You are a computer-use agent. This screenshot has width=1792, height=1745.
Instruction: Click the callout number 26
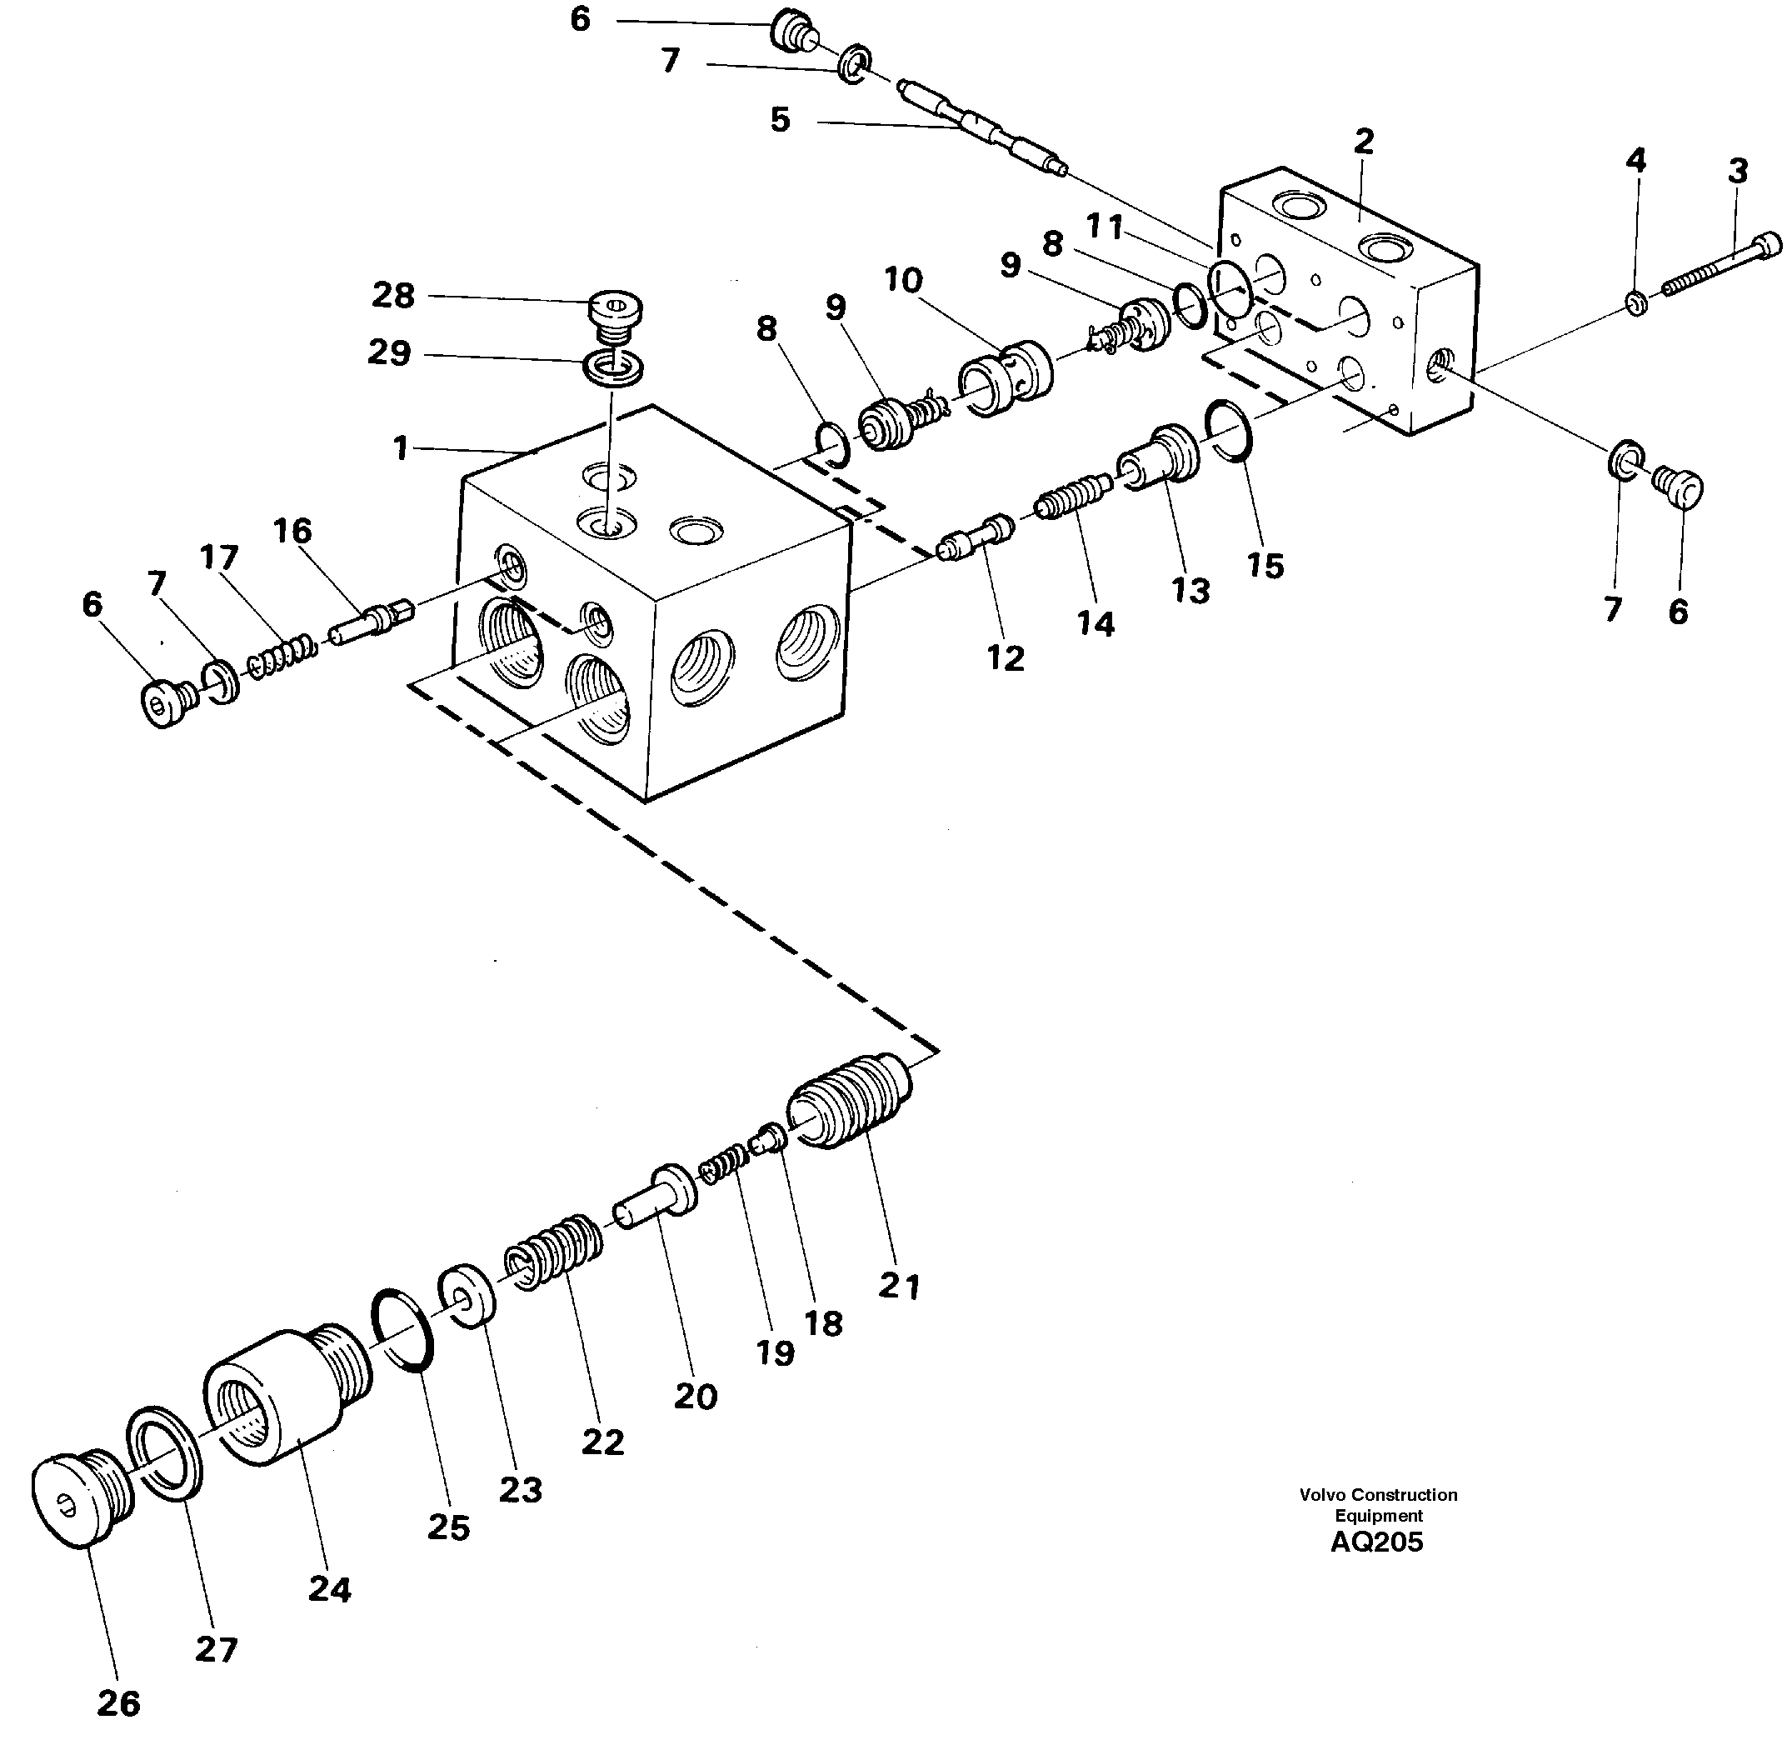click(119, 1702)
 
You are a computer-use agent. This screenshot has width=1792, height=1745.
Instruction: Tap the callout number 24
click(330, 1588)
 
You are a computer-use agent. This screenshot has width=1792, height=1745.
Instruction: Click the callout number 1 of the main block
click(401, 448)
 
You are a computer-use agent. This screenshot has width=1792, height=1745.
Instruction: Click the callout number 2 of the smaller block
click(1363, 142)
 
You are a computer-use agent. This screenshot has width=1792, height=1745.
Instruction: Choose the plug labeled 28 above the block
click(615, 309)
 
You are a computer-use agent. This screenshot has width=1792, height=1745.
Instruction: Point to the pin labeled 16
click(371, 622)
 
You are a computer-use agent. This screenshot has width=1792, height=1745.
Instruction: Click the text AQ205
click(1376, 1542)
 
